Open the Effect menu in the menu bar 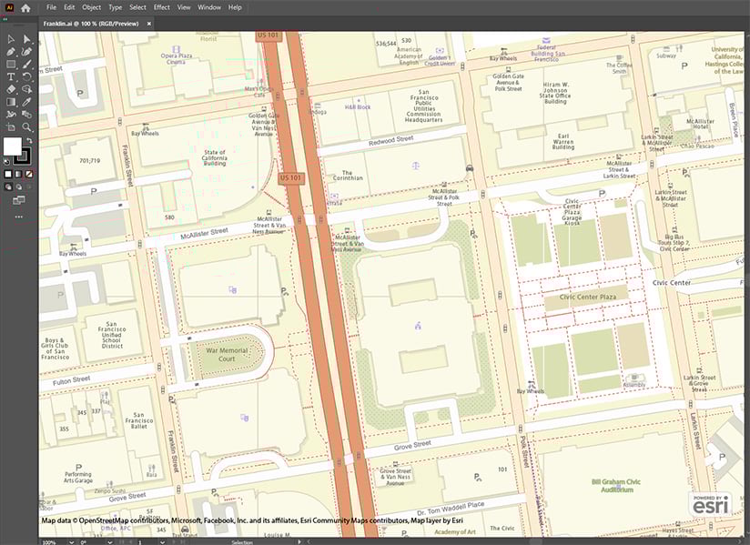pyautogui.click(x=161, y=7)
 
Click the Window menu pyautogui.click(x=209, y=7)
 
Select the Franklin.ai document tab pyautogui.click(x=91, y=23)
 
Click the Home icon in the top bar pyautogui.click(x=25, y=7)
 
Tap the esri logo pyautogui.click(x=710, y=505)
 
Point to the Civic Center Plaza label pyautogui.click(x=588, y=297)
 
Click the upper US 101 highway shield pyautogui.click(x=269, y=35)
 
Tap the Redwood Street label pyautogui.click(x=390, y=142)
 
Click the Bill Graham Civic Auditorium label pyautogui.click(x=617, y=485)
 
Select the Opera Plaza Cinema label pyautogui.click(x=177, y=58)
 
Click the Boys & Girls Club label pyautogui.click(x=56, y=348)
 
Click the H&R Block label pyautogui.click(x=358, y=107)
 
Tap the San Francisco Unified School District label pyautogui.click(x=112, y=335)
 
